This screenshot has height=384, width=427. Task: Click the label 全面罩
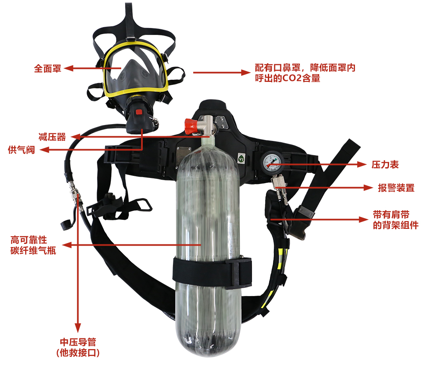pyautogui.click(x=47, y=68)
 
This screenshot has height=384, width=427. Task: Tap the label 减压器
pyautogui.click(x=52, y=137)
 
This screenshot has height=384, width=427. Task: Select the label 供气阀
pyautogui.click(x=22, y=150)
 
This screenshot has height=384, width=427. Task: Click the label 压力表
pyautogui.click(x=385, y=164)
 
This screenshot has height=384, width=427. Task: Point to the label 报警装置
pyautogui.click(x=396, y=188)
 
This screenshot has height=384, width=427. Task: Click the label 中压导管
pyautogui.click(x=78, y=342)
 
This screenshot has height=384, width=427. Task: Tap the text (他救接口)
pyautogui.click(x=78, y=353)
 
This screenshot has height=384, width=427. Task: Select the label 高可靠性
pyautogui.click(x=29, y=240)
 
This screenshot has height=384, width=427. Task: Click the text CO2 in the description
pyautogui.click(x=292, y=78)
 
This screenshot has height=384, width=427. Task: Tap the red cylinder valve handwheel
pyautogui.click(x=191, y=126)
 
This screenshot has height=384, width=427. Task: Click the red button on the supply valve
pyautogui.click(x=139, y=112)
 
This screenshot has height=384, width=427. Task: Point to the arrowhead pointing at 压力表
pyautogui.click(x=362, y=164)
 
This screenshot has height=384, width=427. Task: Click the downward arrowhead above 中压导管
pyautogui.click(x=78, y=328)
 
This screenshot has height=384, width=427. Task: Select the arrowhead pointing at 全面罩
pyautogui.click(x=68, y=68)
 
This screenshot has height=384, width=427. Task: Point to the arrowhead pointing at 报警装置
pyautogui.click(x=369, y=188)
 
